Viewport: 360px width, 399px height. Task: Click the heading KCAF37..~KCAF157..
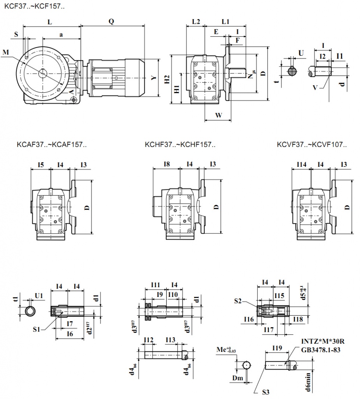(x=52, y=145)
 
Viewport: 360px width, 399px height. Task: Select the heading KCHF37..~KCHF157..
(x=180, y=145)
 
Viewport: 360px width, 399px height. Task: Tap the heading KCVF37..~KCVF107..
(x=312, y=145)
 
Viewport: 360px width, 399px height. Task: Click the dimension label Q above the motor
(x=111, y=22)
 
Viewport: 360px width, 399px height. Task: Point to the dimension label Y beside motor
(x=155, y=78)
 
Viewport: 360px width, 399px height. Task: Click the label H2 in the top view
(x=167, y=79)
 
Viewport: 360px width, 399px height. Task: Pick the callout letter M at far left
(x=5, y=52)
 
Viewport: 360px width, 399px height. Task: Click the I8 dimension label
(x=166, y=165)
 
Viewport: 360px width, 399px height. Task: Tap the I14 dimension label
(x=301, y=165)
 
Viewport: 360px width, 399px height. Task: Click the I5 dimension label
(x=40, y=165)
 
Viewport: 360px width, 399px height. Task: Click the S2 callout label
(x=239, y=301)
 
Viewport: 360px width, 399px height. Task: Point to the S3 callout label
(x=266, y=392)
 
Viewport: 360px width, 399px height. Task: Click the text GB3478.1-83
(x=321, y=350)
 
